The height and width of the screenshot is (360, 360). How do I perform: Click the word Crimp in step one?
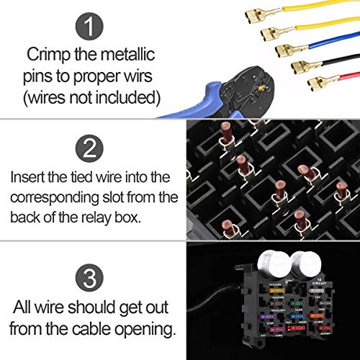(45, 55)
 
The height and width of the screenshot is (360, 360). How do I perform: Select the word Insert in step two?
(28, 176)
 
